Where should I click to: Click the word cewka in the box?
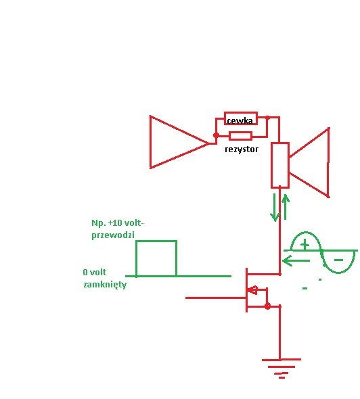240,121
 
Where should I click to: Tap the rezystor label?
242,149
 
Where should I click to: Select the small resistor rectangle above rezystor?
241,136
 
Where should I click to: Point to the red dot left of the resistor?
216,135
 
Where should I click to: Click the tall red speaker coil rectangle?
279,166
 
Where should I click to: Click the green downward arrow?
275,208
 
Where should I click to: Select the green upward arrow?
286,207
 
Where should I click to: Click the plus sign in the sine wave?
305,245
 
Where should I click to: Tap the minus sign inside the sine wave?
338,260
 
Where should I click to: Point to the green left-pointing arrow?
296,260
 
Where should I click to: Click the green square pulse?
156,258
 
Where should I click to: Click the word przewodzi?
113,235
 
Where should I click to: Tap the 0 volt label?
95,273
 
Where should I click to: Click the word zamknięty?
105,285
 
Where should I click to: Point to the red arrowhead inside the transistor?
252,290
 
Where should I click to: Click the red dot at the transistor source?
267,306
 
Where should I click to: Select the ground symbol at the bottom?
282,368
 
